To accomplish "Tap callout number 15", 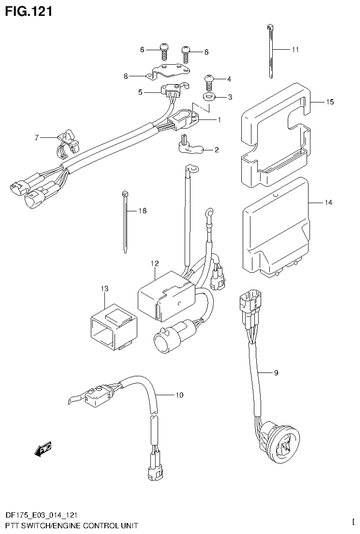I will point(330,102).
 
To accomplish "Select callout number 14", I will point(328,202).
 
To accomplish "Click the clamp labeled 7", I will point(67,141).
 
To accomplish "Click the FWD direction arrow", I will point(43,449).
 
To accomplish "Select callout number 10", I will point(179,395).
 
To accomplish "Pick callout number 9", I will point(276,373).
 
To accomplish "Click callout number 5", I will point(141,93).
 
